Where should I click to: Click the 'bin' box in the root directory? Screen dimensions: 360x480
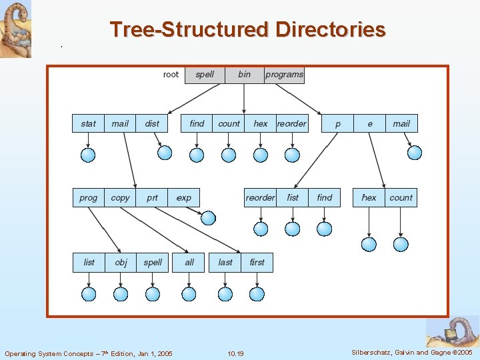point(244,75)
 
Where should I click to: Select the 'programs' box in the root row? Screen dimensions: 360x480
point(284,75)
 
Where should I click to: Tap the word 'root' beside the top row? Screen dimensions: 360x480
point(171,75)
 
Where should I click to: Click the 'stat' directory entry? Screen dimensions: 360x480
point(88,123)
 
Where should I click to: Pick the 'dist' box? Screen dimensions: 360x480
point(152,123)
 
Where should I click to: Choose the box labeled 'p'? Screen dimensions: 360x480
point(337,123)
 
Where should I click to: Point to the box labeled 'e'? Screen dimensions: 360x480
point(369,123)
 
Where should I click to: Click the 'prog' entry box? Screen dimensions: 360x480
point(88,197)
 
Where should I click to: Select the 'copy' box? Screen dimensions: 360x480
point(120,197)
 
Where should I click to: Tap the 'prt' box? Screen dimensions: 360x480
point(152,197)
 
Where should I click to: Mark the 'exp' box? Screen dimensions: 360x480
point(184,197)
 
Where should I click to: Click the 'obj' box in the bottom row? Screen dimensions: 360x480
point(121,262)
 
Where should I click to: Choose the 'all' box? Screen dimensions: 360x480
point(189,262)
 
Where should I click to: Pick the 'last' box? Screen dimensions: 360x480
point(225,262)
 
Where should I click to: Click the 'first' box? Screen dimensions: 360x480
point(257,262)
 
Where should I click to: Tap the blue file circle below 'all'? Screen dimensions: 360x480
point(189,294)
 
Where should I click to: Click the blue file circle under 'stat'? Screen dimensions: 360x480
point(88,155)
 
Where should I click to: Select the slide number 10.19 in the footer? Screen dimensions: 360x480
point(235,353)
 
